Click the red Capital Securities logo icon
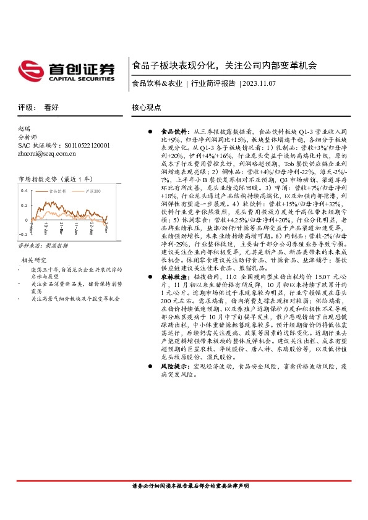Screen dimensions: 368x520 [x=29, y=69]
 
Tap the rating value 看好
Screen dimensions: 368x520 [x=51, y=106]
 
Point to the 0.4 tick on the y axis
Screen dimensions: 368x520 [x=24, y=190]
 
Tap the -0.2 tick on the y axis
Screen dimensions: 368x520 [x=24, y=235]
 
